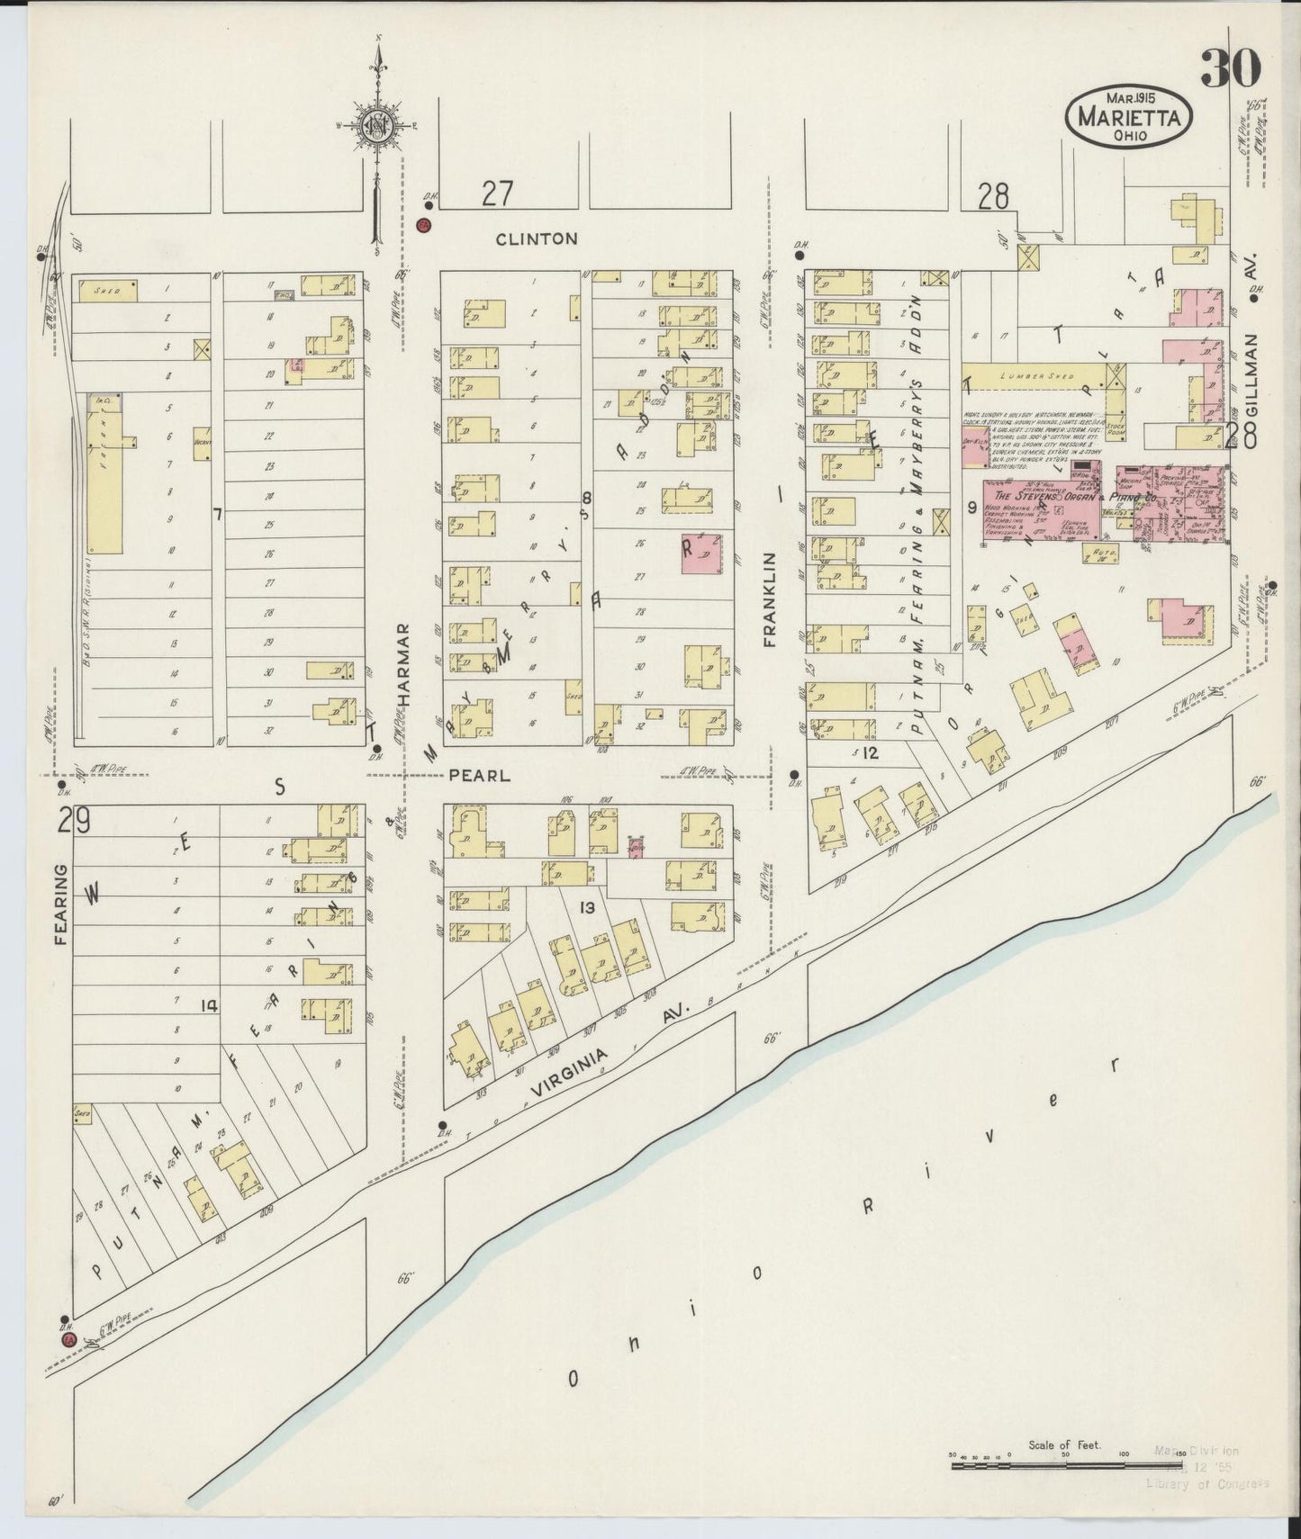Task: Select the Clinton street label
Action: click(537, 238)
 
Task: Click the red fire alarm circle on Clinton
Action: click(423, 225)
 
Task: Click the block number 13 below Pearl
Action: click(586, 908)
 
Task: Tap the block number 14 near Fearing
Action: click(209, 1006)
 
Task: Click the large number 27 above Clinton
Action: click(496, 193)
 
